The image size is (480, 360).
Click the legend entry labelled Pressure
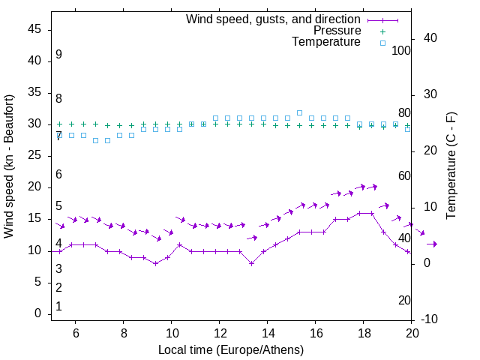click(337, 31)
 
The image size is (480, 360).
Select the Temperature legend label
click(326, 42)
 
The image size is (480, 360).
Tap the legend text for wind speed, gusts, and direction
click(274, 19)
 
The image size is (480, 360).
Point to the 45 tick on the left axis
click(34, 29)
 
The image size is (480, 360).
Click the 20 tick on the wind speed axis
click(34, 187)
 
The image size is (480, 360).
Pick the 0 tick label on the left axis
click(38, 313)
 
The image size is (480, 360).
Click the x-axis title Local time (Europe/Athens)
click(231, 349)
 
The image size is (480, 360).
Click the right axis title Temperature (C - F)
click(451, 166)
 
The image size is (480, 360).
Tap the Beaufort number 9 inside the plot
click(58, 55)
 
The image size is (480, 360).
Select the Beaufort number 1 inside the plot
click(58, 307)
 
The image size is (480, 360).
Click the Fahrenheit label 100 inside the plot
click(401, 51)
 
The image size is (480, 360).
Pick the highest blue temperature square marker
click(299, 112)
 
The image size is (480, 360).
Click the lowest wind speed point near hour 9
click(155, 263)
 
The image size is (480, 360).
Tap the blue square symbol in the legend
click(382, 43)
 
